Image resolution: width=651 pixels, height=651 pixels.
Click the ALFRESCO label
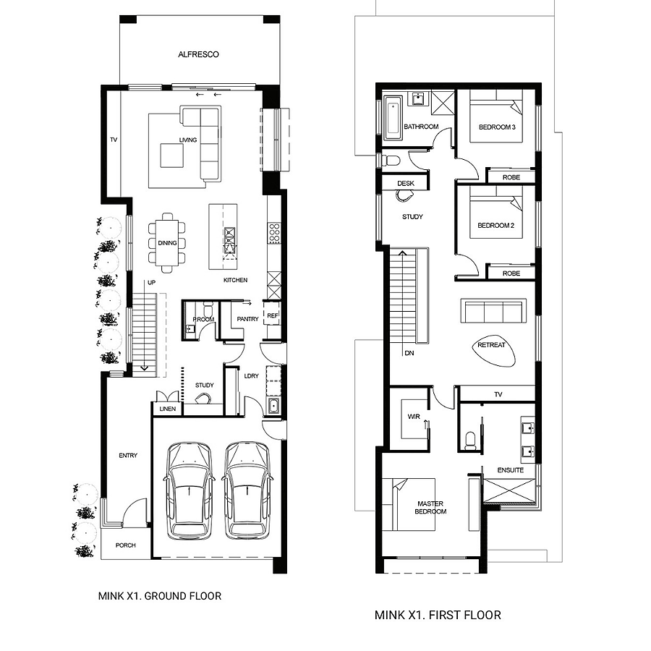pyautogui.click(x=198, y=54)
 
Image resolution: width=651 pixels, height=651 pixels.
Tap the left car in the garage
pyautogui.click(x=190, y=490)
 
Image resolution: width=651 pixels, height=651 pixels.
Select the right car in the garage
pyautogui.click(x=247, y=490)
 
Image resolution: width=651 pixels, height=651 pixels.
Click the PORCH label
pyautogui.click(x=125, y=545)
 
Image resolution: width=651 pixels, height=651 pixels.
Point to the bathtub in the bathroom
pyautogui.click(x=393, y=118)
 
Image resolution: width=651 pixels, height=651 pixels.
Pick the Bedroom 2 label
pyautogui.click(x=495, y=226)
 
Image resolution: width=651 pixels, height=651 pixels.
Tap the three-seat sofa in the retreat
pyautogui.click(x=493, y=310)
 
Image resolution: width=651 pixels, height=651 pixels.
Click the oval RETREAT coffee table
pyautogui.click(x=493, y=351)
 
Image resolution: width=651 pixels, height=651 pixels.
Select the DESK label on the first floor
pyautogui.click(x=406, y=183)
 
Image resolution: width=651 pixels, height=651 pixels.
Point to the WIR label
pyautogui.click(x=414, y=417)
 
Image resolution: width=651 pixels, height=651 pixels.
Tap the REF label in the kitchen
pyautogui.click(x=273, y=315)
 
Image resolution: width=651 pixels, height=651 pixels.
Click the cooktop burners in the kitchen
pyautogui.click(x=274, y=232)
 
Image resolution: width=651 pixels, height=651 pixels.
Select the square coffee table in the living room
pyautogui.click(x=172, y=156)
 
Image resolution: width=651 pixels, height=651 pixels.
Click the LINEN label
pyautogui.click(x=168, y=409)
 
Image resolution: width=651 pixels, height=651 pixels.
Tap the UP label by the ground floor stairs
pyautogui.click(x=152, y=282)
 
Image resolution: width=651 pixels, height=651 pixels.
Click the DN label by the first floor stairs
pyautogui.click(x=409, y=353)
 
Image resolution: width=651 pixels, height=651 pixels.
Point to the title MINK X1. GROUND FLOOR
pyautogui.click(x=160, y=596)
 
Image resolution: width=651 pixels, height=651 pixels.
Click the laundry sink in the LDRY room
pyautogui.click(x=273, y=405)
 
